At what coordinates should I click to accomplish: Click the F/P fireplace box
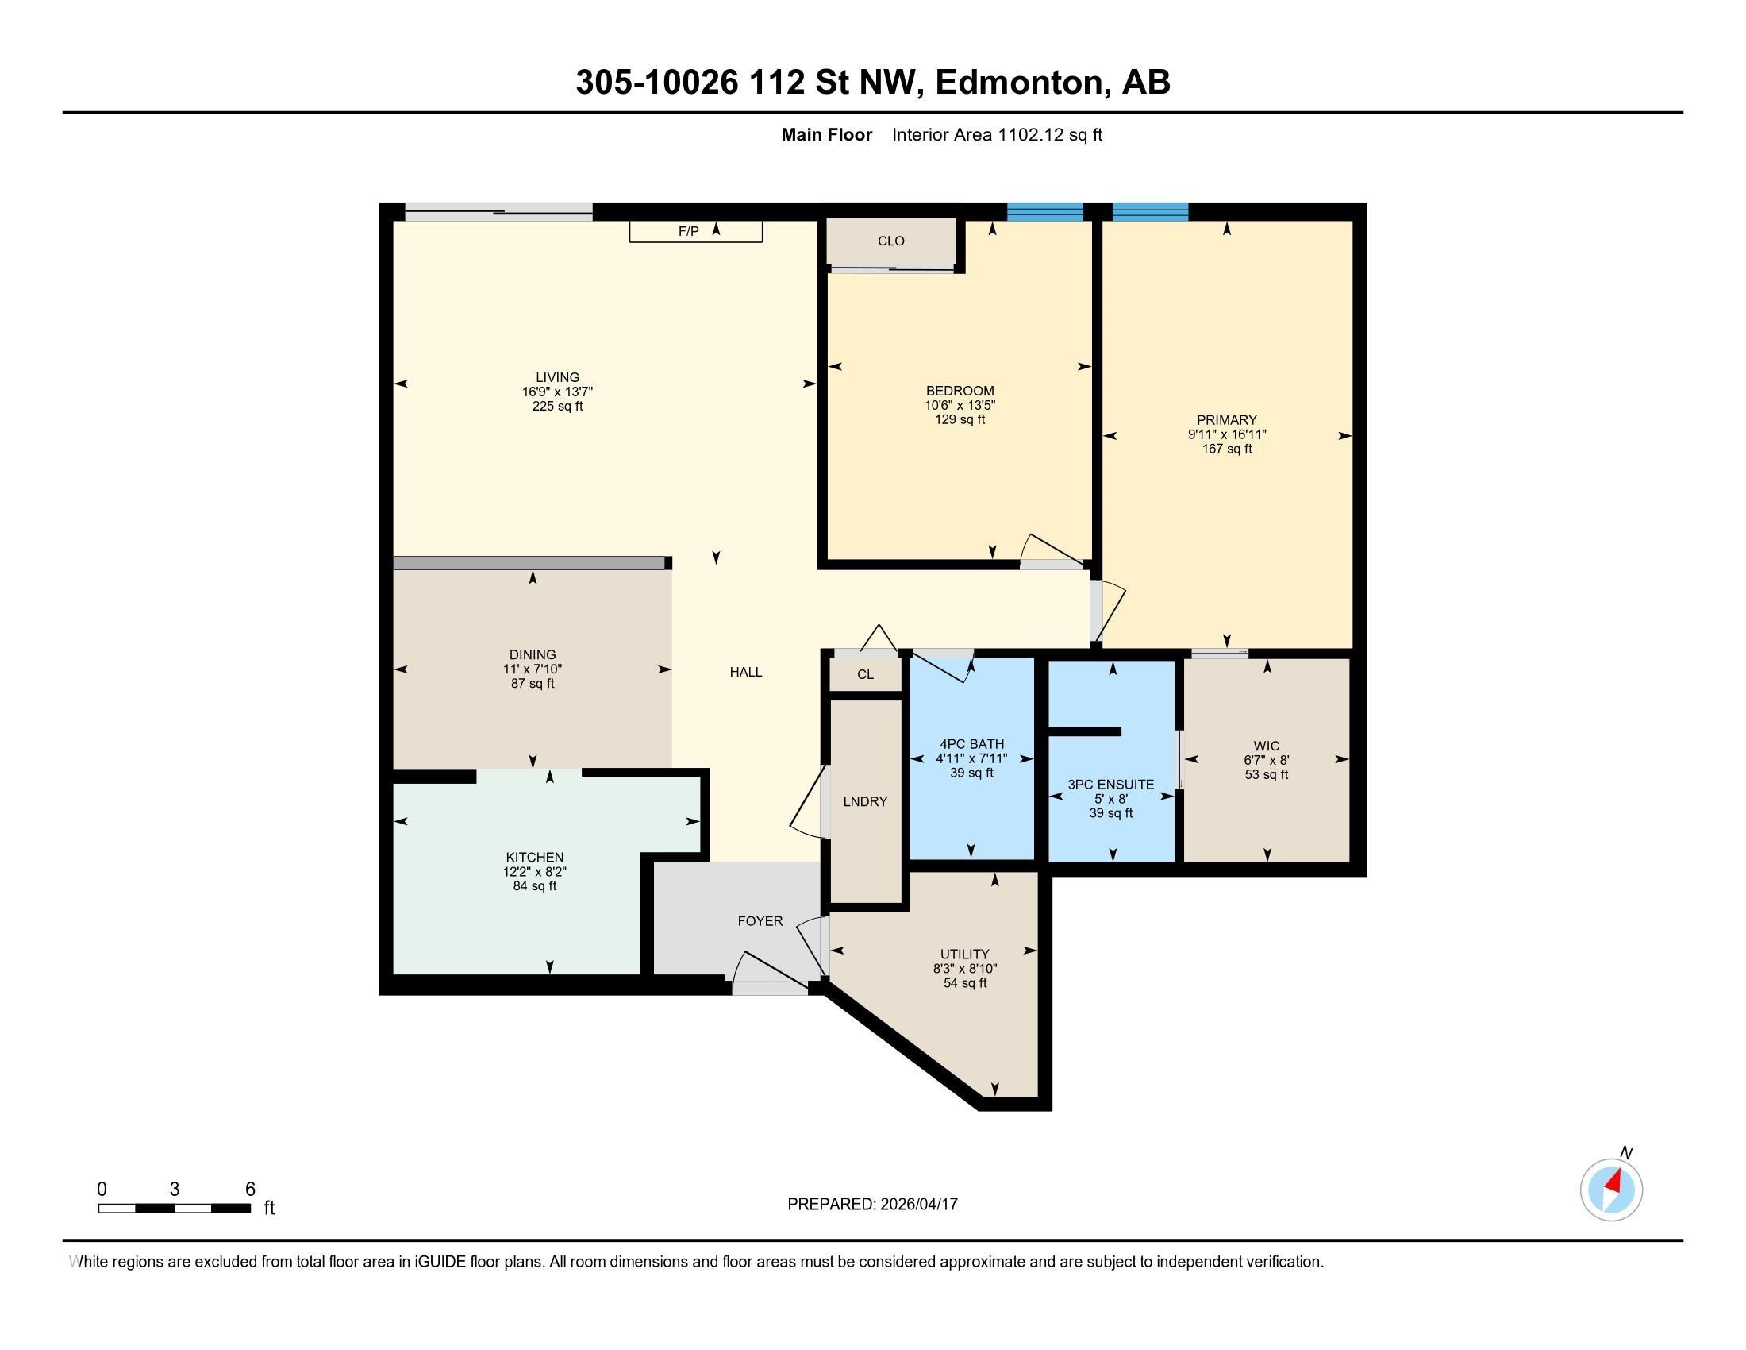(694, 231)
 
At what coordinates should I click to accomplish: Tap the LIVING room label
(557, 377)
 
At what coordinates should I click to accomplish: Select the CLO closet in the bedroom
(890, 241)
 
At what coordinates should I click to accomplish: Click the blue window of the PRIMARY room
(1150, 212)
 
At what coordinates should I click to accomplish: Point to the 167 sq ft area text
(1226, 449)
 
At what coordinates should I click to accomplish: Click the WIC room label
(1267, 746)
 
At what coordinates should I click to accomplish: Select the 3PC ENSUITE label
(1110, 785)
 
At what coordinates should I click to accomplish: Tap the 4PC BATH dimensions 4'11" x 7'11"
(971, 758)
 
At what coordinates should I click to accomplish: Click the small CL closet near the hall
(865, 674)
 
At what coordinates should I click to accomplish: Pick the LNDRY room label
(865, 801)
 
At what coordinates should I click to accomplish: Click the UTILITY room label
(964, 954)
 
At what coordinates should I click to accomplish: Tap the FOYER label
(760, 921)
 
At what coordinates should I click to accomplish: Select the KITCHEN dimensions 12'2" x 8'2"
(534, 872)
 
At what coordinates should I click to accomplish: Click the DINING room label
(533, 654)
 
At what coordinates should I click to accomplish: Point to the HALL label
(745, 672)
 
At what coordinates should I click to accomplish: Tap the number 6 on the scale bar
(249, 1189)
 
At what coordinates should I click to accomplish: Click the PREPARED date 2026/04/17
(917, 1205)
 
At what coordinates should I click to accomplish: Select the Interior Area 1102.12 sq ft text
(996, 135)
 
